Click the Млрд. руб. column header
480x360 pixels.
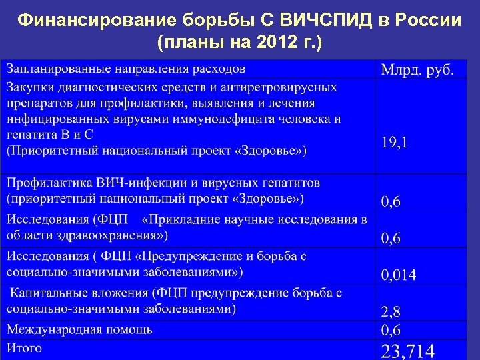point(418,69)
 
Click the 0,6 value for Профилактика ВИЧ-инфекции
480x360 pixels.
point(391,201)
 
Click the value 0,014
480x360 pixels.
point(398,275)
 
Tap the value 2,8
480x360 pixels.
point(391,310)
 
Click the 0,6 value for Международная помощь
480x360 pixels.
point(391,330)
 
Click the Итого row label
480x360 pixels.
point(25,347)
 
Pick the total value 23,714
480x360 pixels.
point(407,351)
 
